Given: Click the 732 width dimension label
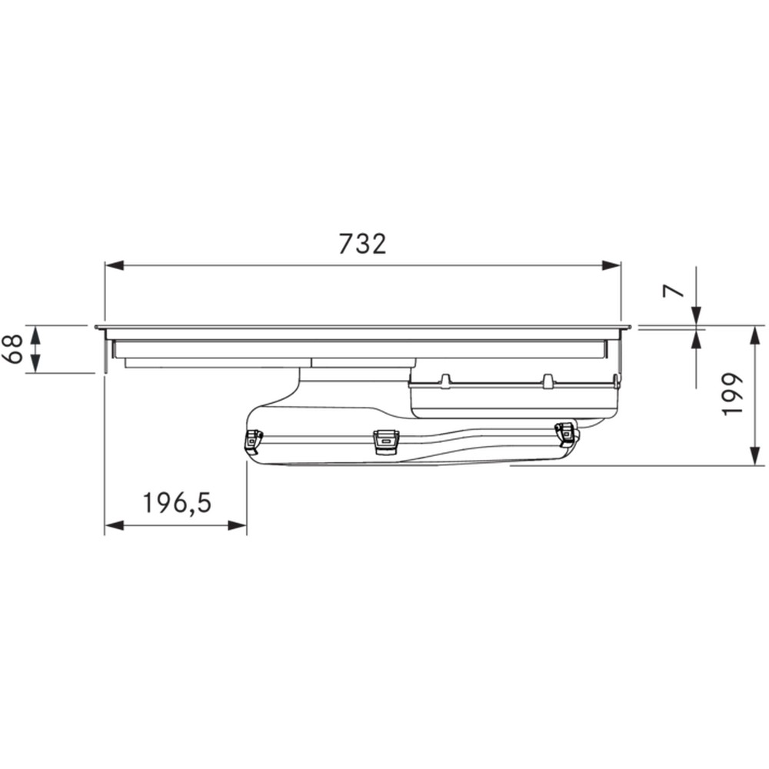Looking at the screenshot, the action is point(362,244).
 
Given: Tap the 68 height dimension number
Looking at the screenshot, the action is point(15,348).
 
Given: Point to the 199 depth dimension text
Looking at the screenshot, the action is point(733,394).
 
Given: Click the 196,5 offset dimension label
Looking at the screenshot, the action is point(177,503).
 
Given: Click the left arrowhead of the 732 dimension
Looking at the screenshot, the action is point(114,265).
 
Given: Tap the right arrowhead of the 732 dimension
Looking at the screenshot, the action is point(611,265).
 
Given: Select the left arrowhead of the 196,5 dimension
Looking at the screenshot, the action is point(114,526).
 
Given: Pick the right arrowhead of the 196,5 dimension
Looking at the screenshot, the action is point(237,526).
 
